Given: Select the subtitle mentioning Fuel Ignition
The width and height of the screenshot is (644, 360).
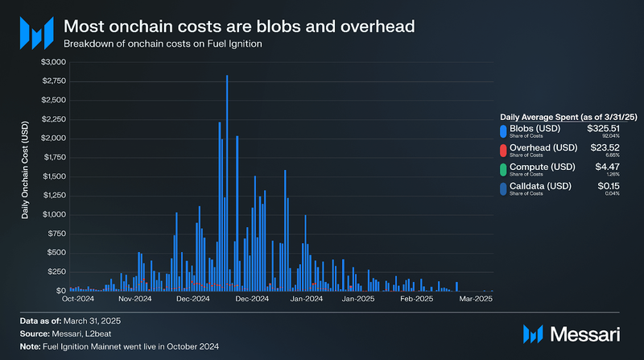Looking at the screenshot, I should coord(163,43).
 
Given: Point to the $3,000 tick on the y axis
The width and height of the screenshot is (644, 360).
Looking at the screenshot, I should coord(54,62).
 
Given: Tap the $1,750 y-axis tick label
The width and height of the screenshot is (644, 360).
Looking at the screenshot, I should coord(54,157).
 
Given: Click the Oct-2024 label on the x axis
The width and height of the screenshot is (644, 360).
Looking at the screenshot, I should coord(79,299).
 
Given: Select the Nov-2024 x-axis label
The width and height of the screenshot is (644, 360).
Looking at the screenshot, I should coord(135,299).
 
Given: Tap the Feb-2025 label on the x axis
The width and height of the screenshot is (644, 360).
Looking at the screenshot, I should coord(417,299).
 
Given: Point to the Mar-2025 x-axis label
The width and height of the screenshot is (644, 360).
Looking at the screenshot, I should coord(475,299).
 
